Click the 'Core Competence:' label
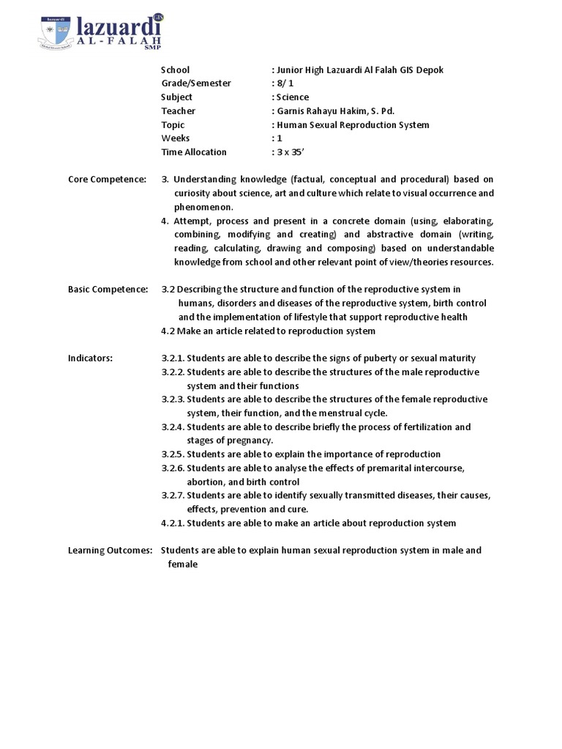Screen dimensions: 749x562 (x=107, y=179)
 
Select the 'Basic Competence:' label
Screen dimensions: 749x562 (x=108, y=290)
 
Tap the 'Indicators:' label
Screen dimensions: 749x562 (x=90, y=358)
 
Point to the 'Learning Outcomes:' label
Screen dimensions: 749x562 (x=110, y=551)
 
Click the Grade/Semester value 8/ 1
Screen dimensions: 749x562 (x=284, y=83)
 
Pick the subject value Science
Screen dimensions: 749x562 (x=292, y=97)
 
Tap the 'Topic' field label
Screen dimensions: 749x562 (x=173, y=125)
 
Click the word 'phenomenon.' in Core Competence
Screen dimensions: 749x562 (x=203, y=207)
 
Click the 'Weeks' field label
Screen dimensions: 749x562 (x=175, y=138)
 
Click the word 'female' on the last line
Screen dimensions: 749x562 (x=183, y=565)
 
